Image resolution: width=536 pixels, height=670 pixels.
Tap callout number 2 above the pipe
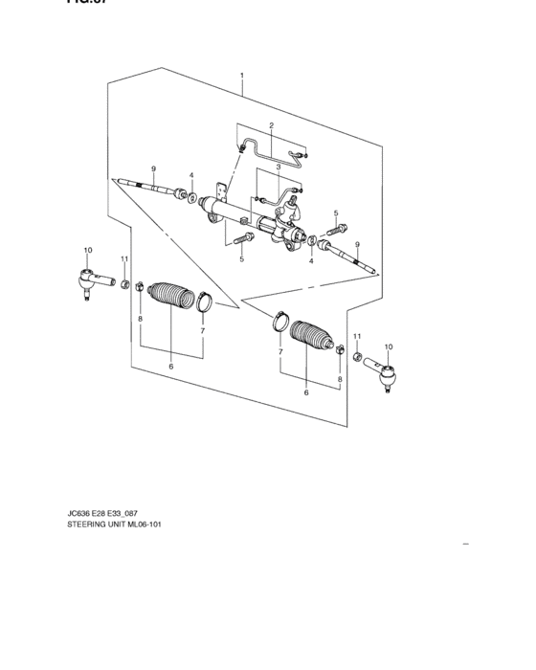(x=271, y=126)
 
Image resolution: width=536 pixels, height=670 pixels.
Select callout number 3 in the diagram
(x=278, y=167)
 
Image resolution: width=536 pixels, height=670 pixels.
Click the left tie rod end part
(x=90, y=280)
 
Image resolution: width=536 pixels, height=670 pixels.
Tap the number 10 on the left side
(x=87, y=251)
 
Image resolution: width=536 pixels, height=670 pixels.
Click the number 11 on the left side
(x=123, y=259)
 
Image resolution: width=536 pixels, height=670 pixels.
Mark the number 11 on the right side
(x=356, y=336)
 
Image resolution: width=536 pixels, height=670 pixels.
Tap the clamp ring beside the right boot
(x=279, y=318)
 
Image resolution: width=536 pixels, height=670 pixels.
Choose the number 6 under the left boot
(x=170, y=367)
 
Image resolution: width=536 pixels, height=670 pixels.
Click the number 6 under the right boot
(x=306, y=392)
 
